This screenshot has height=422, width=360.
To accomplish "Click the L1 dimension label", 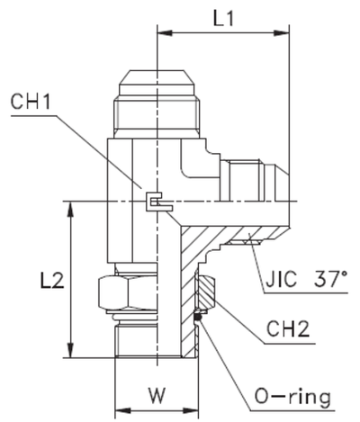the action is [223, 20].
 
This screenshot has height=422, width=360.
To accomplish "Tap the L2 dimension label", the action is [52, 281].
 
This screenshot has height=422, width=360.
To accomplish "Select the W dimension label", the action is [157, 395].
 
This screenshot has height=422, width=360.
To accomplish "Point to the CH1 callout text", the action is [31, 102].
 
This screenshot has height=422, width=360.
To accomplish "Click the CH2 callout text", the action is [288, 329].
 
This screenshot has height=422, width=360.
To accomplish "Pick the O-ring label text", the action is [292, 397].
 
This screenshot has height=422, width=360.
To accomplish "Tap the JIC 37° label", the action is [306, 279].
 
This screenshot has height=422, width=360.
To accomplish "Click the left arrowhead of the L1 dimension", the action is [165, 32].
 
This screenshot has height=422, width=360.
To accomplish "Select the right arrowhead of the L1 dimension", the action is [282, 32].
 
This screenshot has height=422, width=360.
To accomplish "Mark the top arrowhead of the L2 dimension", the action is [71, 209].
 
